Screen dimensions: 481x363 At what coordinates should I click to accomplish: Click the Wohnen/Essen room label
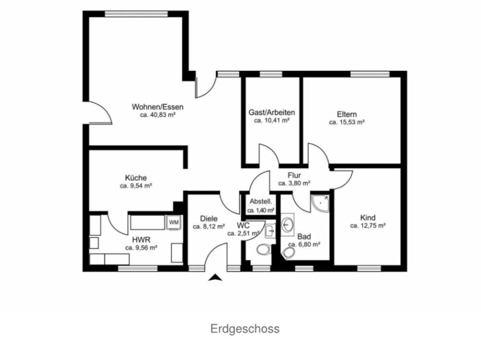coord(157,107)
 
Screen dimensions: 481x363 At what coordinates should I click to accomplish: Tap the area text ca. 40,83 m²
coord(158,115)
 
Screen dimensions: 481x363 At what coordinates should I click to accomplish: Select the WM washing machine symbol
coord(174,222)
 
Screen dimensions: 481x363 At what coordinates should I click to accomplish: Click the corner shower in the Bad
coord(320,203)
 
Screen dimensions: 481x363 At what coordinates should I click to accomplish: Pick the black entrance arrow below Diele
coord(215,277)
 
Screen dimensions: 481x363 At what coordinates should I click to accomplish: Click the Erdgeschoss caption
coord(245,329)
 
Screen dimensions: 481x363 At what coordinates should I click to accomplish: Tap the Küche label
coord(136,178)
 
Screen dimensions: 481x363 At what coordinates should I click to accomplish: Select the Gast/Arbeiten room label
coord(271,112)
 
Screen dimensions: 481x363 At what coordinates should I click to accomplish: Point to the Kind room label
coord(368,218)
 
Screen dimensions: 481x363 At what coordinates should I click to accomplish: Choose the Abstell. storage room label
coord(261,202)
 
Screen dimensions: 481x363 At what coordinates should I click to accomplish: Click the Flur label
coord(294,176)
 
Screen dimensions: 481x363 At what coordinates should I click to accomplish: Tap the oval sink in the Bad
coord(288,225)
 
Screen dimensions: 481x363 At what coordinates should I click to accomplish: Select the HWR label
coord(141,240)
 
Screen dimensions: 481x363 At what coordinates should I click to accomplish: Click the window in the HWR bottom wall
coord(138,269)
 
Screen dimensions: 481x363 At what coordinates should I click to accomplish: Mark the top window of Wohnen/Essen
coord(136,14)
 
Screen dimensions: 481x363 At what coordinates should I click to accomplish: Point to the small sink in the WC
coord(270,231)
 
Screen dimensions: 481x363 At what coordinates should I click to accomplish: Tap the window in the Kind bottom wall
coord(369,269)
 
